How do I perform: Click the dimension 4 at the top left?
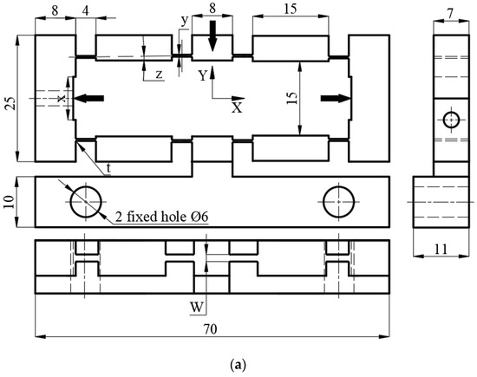[86, 10]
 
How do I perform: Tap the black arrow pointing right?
[332, 99]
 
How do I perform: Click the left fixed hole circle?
[85, 203]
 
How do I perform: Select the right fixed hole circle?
[338, 203]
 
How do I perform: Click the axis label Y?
[202, 75]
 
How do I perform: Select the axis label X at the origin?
[236, 108]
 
